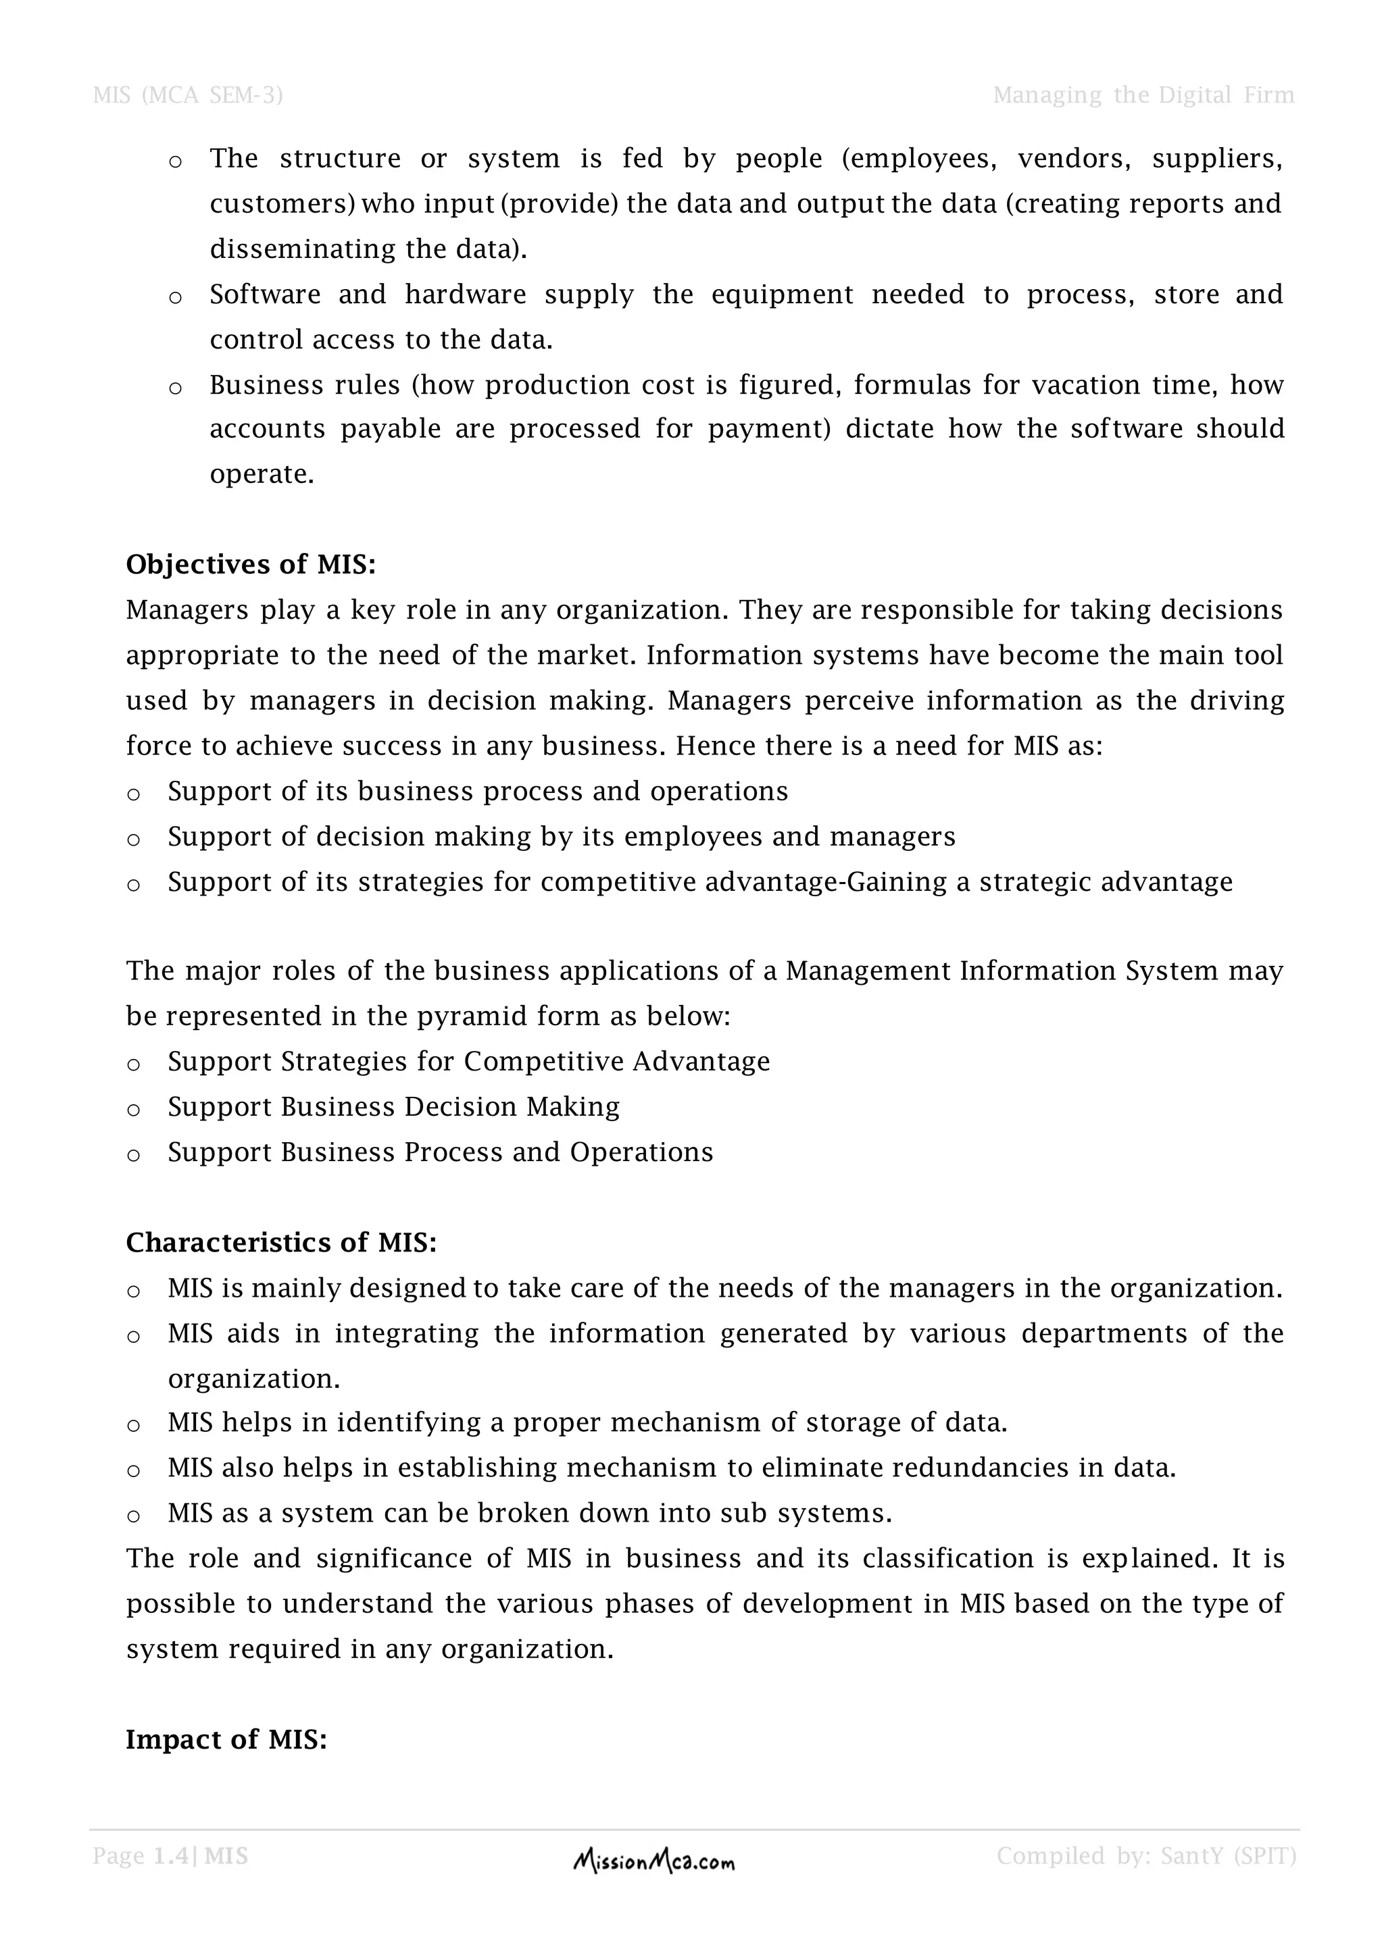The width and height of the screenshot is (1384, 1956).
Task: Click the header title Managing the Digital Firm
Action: (x=1143, y=95)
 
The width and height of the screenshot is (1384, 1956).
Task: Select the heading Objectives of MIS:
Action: (x=251, y=565)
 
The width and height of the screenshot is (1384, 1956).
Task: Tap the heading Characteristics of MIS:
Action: (x=281, y=1243)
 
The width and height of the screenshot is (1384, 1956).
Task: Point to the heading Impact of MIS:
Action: (x=226, y=1740)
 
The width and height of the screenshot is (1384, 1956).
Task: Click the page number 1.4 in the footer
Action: (x=171, y=1856)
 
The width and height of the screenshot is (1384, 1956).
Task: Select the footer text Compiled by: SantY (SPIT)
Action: (x=1146, y=1856)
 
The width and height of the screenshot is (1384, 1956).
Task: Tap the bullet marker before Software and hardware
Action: (x=176, y=298)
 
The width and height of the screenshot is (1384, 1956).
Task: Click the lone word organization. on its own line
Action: (x=253, y=1379)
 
